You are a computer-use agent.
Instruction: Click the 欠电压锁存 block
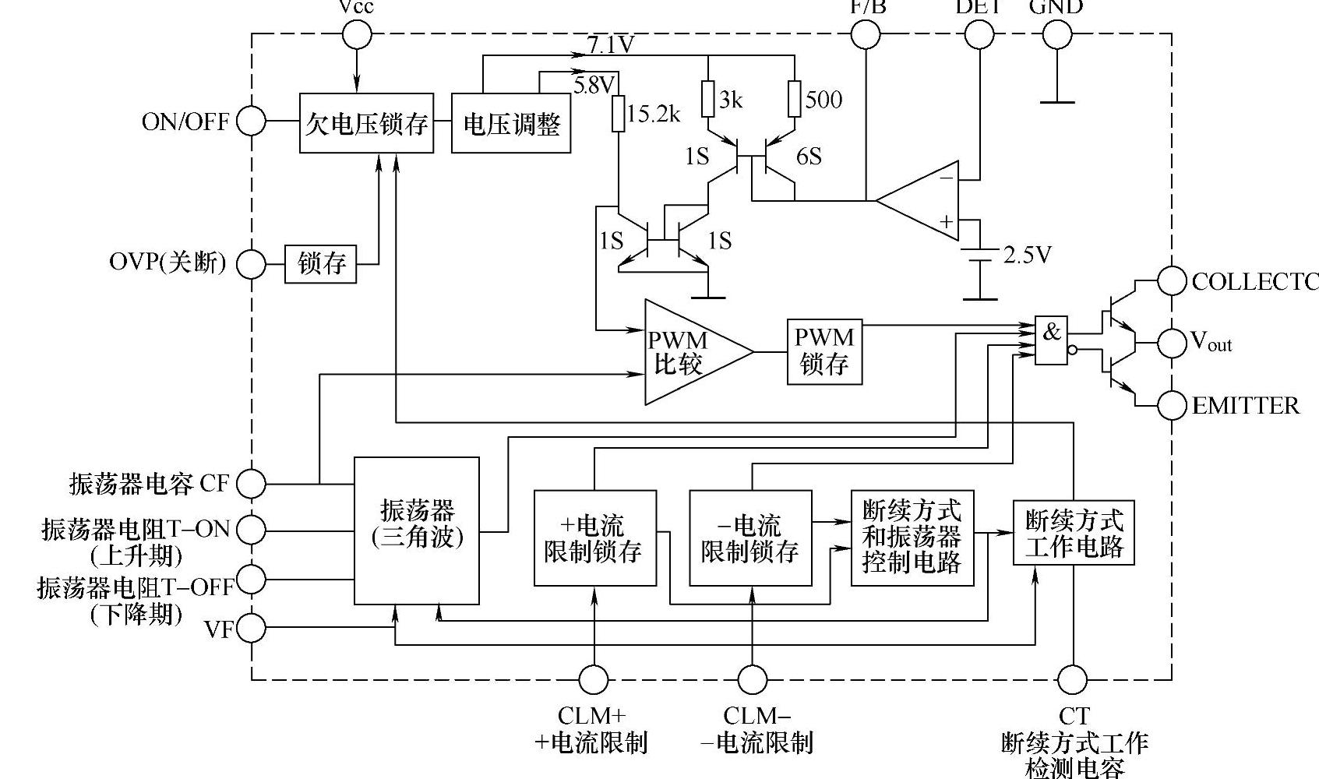366,123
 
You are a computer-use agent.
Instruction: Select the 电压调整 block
511,123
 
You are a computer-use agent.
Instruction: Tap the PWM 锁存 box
824,351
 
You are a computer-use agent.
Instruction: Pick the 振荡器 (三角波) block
417,530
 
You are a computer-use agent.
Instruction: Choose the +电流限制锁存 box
594,538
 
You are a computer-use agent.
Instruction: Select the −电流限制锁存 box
750,538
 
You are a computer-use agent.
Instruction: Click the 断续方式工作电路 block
1074,532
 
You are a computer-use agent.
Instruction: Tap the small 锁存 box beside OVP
321,264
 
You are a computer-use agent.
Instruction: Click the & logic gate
1051,340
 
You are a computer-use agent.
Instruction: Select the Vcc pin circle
357,34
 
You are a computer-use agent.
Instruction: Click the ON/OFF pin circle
251,122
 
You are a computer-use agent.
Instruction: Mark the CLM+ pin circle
594,679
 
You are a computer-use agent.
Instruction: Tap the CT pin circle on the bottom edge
1073,679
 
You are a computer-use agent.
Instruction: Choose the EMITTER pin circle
1171,405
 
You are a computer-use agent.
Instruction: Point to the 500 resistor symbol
794,99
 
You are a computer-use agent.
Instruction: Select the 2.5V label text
1027,256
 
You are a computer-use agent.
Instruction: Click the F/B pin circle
866,34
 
